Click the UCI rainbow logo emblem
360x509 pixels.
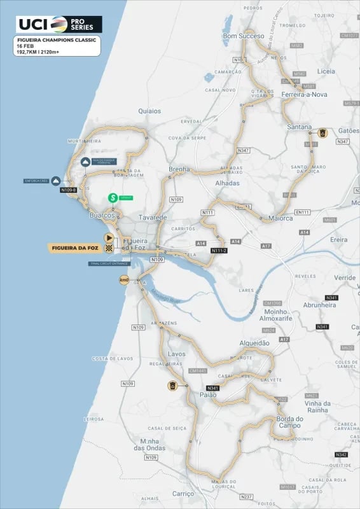[59, 24]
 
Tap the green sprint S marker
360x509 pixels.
[113, 198]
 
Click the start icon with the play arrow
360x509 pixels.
[109, 237]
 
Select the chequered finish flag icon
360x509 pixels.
[109, 247]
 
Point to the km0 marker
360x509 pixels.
[124, 280]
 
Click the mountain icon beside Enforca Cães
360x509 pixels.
[56, 181]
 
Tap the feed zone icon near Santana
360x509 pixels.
[322, 134]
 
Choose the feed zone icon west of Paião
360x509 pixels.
[172, 386]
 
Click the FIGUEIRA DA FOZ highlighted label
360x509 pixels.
[75, 247]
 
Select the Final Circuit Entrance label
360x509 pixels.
[110, 263]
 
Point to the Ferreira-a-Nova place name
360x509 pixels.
[305, 94]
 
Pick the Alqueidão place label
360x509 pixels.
[254, 343]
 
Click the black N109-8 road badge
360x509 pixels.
[68, 190]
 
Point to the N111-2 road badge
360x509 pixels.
[219, 251]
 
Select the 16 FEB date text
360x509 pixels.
[26, 46]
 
